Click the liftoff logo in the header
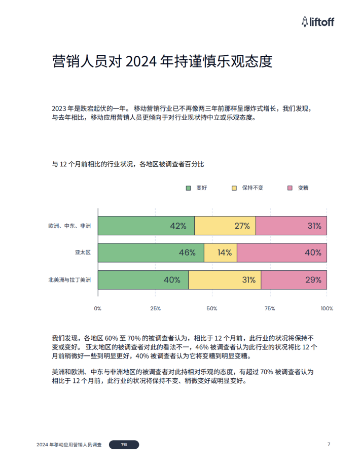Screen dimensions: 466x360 (x=318, y=21)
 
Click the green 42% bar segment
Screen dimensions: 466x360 (x=146, y=226)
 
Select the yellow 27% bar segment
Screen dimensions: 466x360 (x=225, y=226)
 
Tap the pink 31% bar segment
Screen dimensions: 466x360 (x=291, y=226)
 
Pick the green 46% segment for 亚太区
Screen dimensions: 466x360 (x=151, y=253)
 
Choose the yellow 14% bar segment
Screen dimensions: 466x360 (x=221, y=253)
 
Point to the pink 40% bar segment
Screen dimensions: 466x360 (x=282, y=253)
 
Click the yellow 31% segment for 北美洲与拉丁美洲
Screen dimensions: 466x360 (x=225, y=279)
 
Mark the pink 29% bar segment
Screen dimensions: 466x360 (x=294, y=279)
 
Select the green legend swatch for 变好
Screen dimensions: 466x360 (x=189, y=188)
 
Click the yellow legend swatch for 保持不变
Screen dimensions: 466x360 (x=234, y=188)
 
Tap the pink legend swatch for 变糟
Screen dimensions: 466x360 (x=290, y=188)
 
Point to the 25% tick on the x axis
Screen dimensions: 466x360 (x=155, y=308)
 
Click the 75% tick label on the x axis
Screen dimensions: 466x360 (x=270, y=308)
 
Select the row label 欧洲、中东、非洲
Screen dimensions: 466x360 (x=69, y=226)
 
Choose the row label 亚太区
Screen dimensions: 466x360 (x=82, y=253)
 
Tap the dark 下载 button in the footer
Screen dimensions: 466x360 (x=124, y=444)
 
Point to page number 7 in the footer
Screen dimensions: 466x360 (x=329, y=444)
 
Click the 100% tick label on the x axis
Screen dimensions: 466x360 (x=327, y=308)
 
